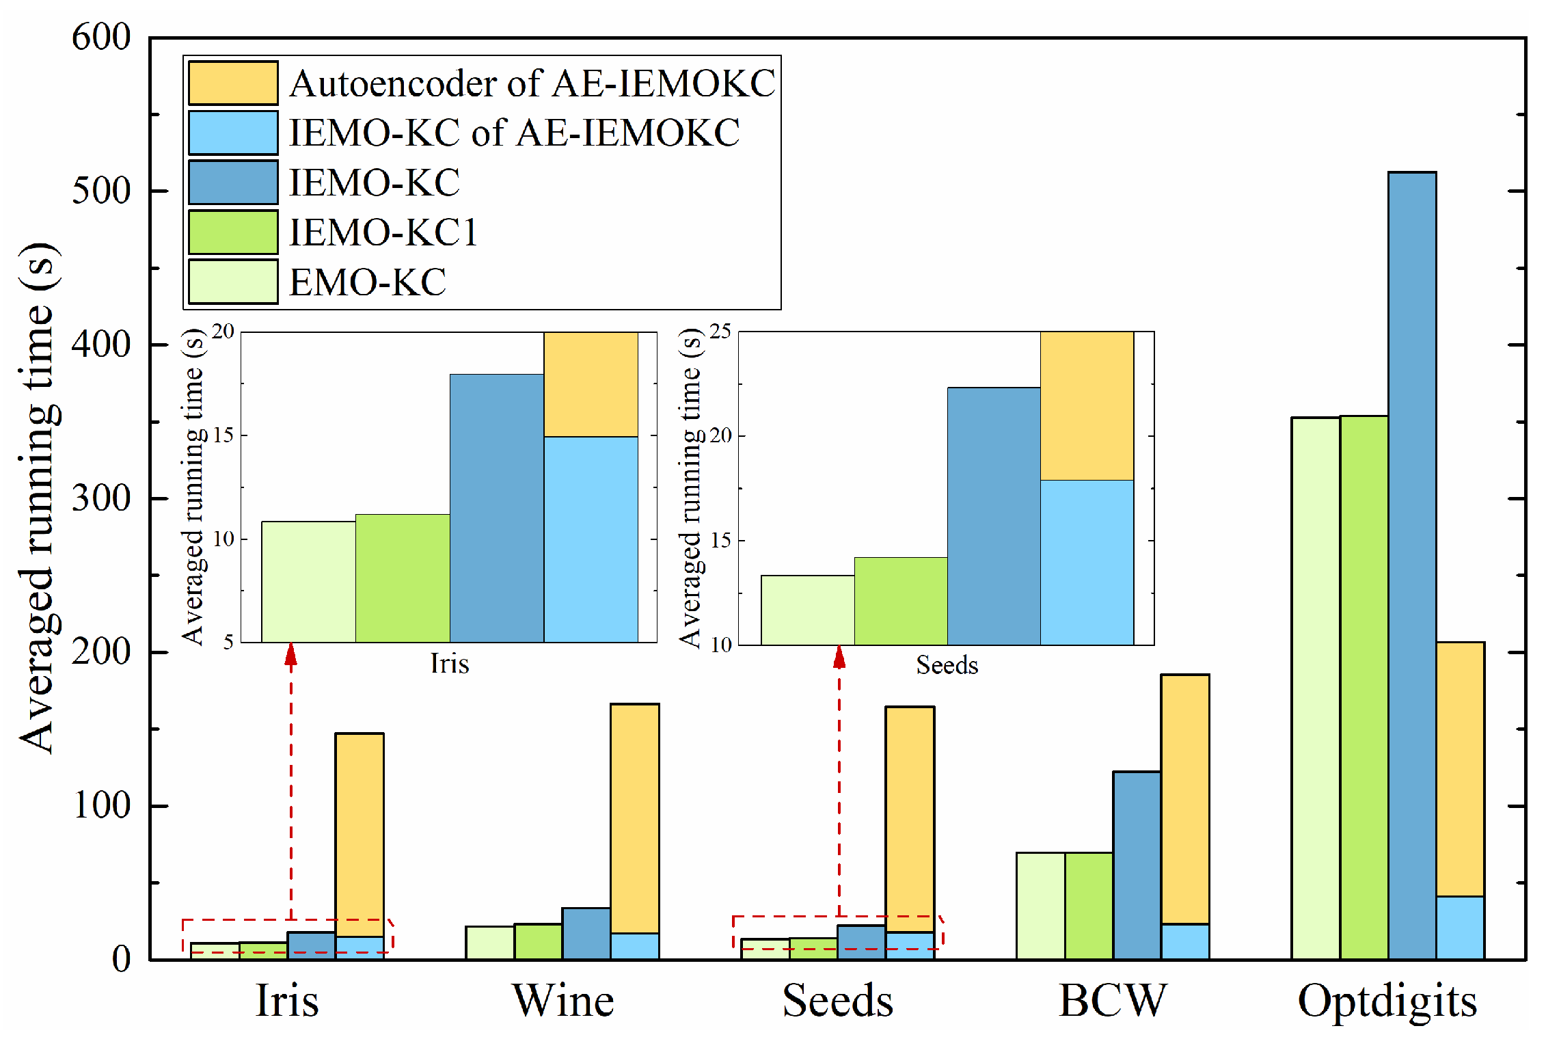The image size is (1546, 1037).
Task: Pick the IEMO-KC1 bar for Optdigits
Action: [1364, 684]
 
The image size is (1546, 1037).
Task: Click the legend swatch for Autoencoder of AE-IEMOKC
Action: [233, 83]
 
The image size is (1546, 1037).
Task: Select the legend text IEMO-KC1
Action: [383, 232]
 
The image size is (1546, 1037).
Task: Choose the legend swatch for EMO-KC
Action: [233, 282]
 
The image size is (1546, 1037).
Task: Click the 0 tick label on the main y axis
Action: [122, 960]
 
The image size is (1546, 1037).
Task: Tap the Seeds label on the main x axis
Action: [837, 1001]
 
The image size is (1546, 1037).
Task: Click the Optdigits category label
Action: [1387, 1001]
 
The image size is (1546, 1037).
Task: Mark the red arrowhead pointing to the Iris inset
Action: [291, 655]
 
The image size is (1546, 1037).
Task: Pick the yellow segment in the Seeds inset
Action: [1087, 406]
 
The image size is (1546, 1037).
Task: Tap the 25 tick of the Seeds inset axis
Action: [720, 332]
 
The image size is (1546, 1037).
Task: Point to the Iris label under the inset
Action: [449, 663]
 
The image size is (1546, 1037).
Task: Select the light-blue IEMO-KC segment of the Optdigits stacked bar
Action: [1460, 928]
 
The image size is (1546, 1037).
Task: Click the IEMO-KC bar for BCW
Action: [1137, 865]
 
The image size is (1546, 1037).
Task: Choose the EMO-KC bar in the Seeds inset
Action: [807, 610]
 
